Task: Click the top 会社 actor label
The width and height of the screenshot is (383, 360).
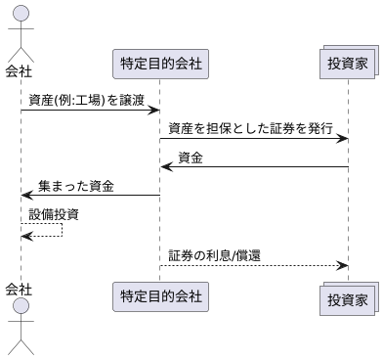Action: click(19, 70)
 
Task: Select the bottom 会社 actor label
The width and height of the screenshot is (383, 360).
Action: click(19, 289)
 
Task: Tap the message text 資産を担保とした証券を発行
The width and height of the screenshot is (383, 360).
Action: click(250, 128)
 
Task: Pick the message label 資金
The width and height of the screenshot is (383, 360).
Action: click(191, 157)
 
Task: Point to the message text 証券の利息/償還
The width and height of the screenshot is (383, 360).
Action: click(214, 255)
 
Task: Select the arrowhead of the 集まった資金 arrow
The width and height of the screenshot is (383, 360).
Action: click(26, 196)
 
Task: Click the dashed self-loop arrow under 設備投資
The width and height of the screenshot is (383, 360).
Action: click(61, 230)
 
